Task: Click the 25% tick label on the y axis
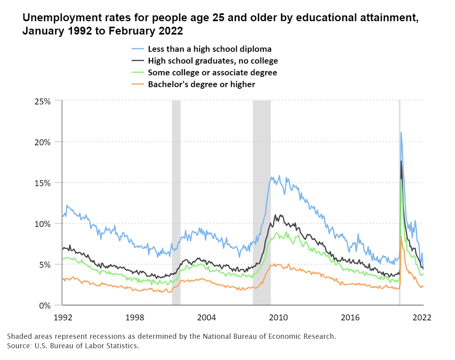tap(42, 101)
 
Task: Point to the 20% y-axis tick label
tap(42, 142)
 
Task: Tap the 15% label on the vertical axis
tap(42, 183)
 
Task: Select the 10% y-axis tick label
tap(42, 224)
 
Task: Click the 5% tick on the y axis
tap(44, 265)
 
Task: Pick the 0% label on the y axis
tap(44, 305)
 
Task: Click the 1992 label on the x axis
tap(62, 317)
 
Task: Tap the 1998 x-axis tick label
tap(135, 317)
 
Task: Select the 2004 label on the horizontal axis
tap(207, 317)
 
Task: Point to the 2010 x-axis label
tap(279, 317)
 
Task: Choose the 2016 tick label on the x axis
tap(351, 317)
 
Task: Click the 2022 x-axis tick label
tap(423, 317)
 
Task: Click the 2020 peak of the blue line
tap(401, 132)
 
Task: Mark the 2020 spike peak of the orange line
tap(401, 236)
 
